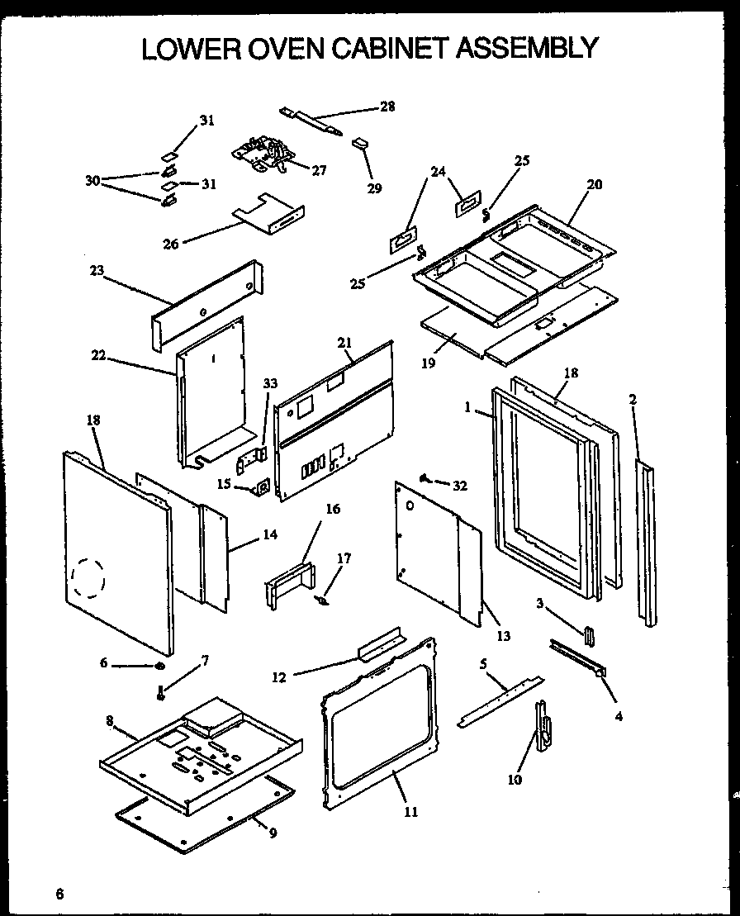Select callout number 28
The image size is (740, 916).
click(387, 106)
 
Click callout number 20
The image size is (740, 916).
click(594, 184)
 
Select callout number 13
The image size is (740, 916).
click(503, 635)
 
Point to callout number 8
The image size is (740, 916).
click(109, 719)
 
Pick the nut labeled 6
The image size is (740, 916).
click(159, 666)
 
